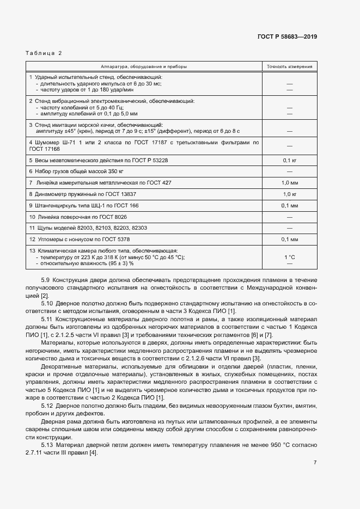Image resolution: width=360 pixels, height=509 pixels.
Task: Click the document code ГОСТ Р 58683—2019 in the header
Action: point(287,36)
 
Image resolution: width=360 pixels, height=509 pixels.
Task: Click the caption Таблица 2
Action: point(44,53)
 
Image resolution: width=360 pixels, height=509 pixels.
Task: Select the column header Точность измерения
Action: point(289,66)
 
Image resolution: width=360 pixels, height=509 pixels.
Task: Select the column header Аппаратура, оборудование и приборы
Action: point(144,66)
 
